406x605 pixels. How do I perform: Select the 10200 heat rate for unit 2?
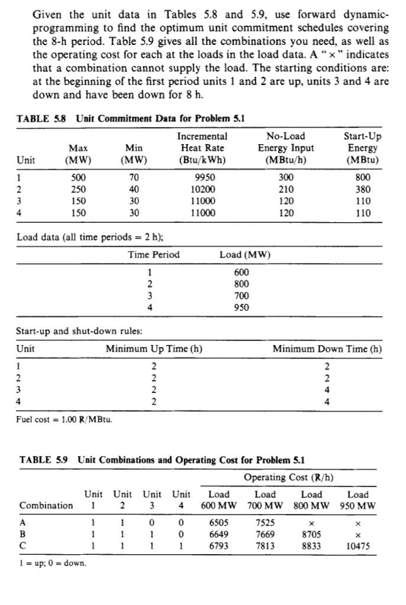tap(204, 189)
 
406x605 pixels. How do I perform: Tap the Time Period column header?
tap(154, 255)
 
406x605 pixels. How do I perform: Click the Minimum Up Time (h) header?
tap(154, 349)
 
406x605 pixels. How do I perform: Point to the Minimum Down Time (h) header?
tap(327, 349)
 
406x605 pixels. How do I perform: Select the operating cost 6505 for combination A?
tap(220, 522)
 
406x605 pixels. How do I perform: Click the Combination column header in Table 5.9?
tap(47, 505)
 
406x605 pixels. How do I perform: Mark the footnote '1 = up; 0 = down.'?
tap(53, 562)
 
